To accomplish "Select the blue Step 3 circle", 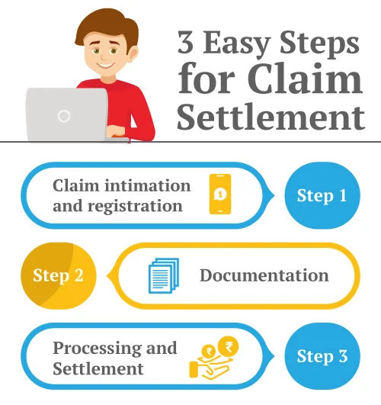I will click(x=321, y=356).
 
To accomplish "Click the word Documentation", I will click(x=264, y=275).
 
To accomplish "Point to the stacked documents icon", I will click(x=163, y=275).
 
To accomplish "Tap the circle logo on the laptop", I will click(x=64, y=116).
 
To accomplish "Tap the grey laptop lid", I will click(x=65, y=114).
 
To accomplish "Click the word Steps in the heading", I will click(x=321, y=44).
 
